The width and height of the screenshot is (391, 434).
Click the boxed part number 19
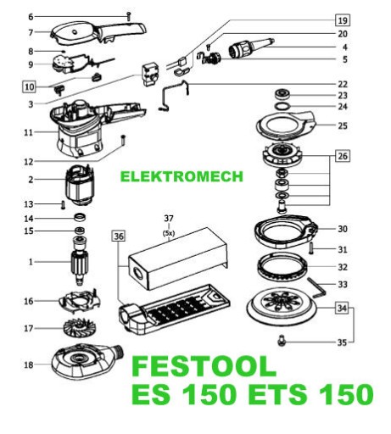point(343,20)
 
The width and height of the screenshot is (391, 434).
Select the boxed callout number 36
point(119,236)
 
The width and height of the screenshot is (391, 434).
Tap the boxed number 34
point(342,308)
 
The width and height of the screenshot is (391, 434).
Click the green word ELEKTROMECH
point(182,176)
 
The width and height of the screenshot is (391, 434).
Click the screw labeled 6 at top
point(128,16)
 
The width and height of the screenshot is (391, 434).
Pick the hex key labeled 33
point(316,287)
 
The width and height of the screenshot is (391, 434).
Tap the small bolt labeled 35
point(282,341)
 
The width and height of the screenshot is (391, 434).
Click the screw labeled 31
point(311,248)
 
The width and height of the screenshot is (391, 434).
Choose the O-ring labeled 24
point(282,107)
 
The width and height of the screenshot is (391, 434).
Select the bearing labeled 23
point(282,94)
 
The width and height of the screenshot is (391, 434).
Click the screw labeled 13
point(63,204)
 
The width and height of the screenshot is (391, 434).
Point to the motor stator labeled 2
point(80,185)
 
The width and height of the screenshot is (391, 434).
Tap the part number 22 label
point(343,84)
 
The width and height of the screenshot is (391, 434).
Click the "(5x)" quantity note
point(169,233)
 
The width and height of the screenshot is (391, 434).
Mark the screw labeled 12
point(123,141)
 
